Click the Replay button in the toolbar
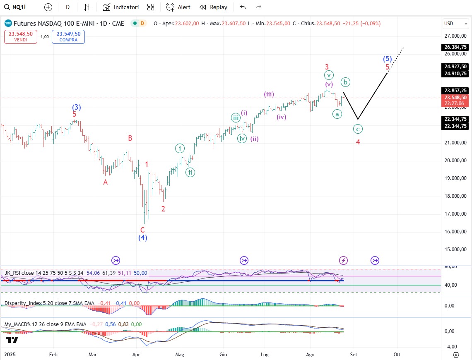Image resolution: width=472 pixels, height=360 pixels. point(214,7)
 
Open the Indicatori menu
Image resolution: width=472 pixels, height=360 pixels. point(121,7)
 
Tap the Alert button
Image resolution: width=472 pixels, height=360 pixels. point(178,7)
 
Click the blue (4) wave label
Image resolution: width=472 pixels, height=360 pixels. point(143,238)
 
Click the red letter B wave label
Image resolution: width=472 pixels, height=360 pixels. point(130,138)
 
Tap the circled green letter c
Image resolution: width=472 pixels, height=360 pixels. point(358,129)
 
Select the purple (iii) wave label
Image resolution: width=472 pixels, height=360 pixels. point(269,94)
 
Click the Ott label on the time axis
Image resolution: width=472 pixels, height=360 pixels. point(397,354)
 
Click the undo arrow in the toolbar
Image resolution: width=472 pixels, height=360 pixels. point(243,7)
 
